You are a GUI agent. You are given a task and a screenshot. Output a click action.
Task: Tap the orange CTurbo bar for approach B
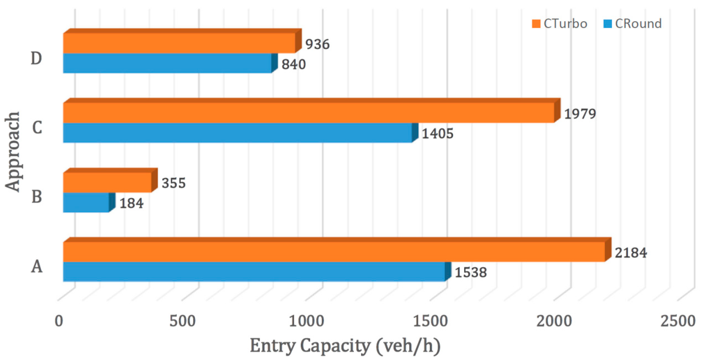107,182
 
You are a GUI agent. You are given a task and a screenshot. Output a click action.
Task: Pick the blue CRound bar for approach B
86,202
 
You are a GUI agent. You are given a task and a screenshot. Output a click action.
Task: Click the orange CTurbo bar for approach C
309,113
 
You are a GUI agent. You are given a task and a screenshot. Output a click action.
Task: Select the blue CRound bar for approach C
237,133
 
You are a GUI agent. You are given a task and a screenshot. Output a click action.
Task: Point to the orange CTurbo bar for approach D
179,43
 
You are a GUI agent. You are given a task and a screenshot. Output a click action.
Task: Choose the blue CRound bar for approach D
167,63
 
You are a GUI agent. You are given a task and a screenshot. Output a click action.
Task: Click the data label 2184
631,253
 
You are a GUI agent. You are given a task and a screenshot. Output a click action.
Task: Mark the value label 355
174,183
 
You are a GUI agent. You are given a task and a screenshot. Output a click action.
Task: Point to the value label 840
294,65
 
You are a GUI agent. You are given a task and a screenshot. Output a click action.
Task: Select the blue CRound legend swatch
607,24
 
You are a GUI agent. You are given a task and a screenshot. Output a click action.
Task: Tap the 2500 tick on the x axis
678,321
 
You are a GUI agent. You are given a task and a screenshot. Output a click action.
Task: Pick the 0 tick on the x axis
59,321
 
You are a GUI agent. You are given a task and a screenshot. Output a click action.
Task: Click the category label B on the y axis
37,197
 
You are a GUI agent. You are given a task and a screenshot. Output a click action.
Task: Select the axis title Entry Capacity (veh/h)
345,346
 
